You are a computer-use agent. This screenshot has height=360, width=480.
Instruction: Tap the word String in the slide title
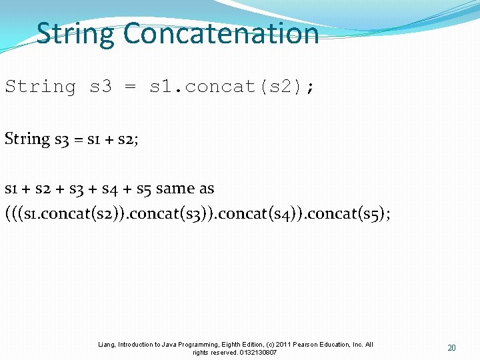[x=75, y=33]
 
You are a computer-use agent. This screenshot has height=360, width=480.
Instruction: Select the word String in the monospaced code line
[x=41, y=87]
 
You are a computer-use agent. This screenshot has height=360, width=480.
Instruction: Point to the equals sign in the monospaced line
[x=131, y=87]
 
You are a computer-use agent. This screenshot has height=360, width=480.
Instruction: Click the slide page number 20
[x=451, y=348]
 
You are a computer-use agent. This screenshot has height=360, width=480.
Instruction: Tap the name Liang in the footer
[x=107, y=345]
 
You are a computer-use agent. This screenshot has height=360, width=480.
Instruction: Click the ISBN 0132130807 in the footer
[x=257, y=353]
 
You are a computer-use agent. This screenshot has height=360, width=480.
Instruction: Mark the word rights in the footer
[x=201, y=353]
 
